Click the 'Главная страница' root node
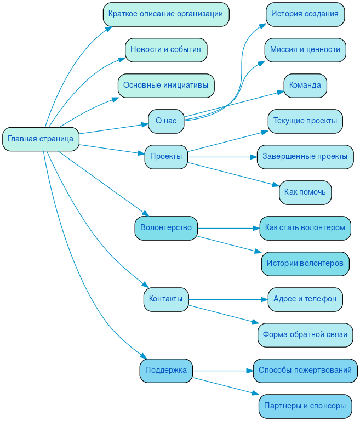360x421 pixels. coord(41,139)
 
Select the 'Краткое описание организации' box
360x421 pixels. coord(165,14)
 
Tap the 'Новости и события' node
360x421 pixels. coord(165,50)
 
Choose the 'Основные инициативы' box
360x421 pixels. coord(165,86)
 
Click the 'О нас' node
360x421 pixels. coord(166,121)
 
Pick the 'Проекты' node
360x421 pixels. coord(166,157)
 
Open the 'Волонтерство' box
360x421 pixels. coord(166,228)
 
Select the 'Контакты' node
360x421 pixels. coord(166,299)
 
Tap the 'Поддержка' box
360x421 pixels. coord(166,371)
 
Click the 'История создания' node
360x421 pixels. coord(305,14)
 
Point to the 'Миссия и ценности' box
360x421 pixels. coord(305,50)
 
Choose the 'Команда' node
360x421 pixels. coord(305,86)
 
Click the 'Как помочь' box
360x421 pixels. coord(305,192)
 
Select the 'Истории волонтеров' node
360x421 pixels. coord(305,264)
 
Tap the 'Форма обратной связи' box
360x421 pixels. coord(305,335)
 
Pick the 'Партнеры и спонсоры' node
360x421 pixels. coord(305,406)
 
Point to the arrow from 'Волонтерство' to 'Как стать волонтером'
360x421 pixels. coord(228,228)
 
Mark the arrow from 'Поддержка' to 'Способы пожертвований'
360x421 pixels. coord(222,371)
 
